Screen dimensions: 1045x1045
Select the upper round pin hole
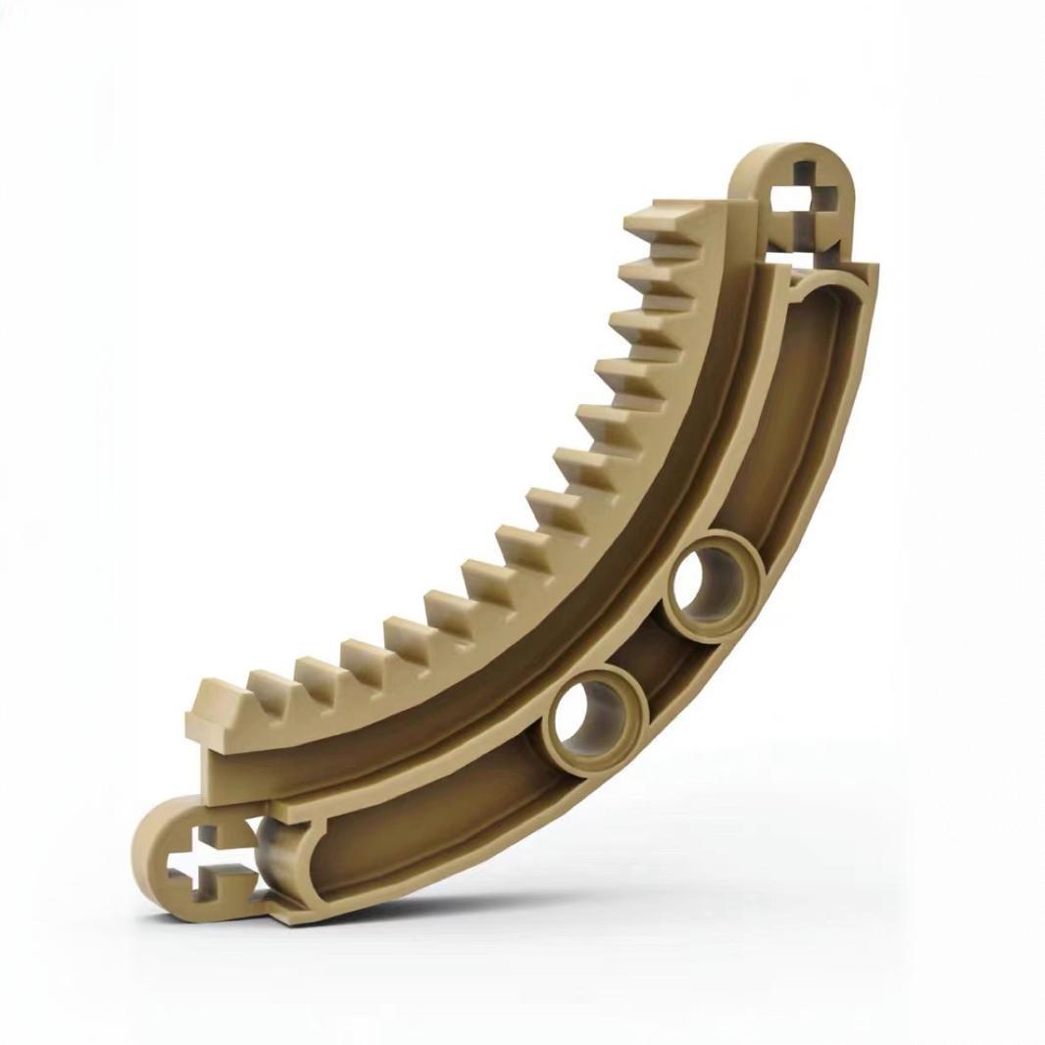pos(714,585)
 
